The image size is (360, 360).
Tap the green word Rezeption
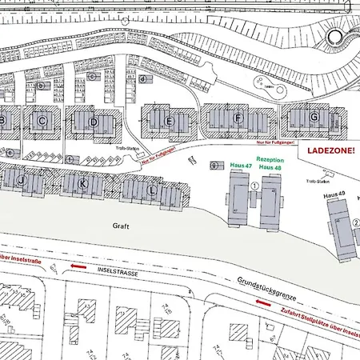pos(269,160)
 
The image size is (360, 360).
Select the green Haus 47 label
pos(241,166)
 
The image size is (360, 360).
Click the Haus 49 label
pos(334,195)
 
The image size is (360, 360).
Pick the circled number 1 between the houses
pos(255,185)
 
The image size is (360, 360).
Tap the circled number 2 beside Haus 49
pos(355,222)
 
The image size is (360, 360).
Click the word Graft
pos(121,226)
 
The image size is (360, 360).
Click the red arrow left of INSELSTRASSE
pos(78,266)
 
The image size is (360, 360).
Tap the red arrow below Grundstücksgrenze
pos(262,302)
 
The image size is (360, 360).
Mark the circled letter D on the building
pos(94,122)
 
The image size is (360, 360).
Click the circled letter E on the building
pos(169,121)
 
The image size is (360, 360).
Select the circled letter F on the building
pos(238,118)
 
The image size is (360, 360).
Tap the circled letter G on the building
pos(314,117)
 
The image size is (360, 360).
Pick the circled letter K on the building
pos(82,183)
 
